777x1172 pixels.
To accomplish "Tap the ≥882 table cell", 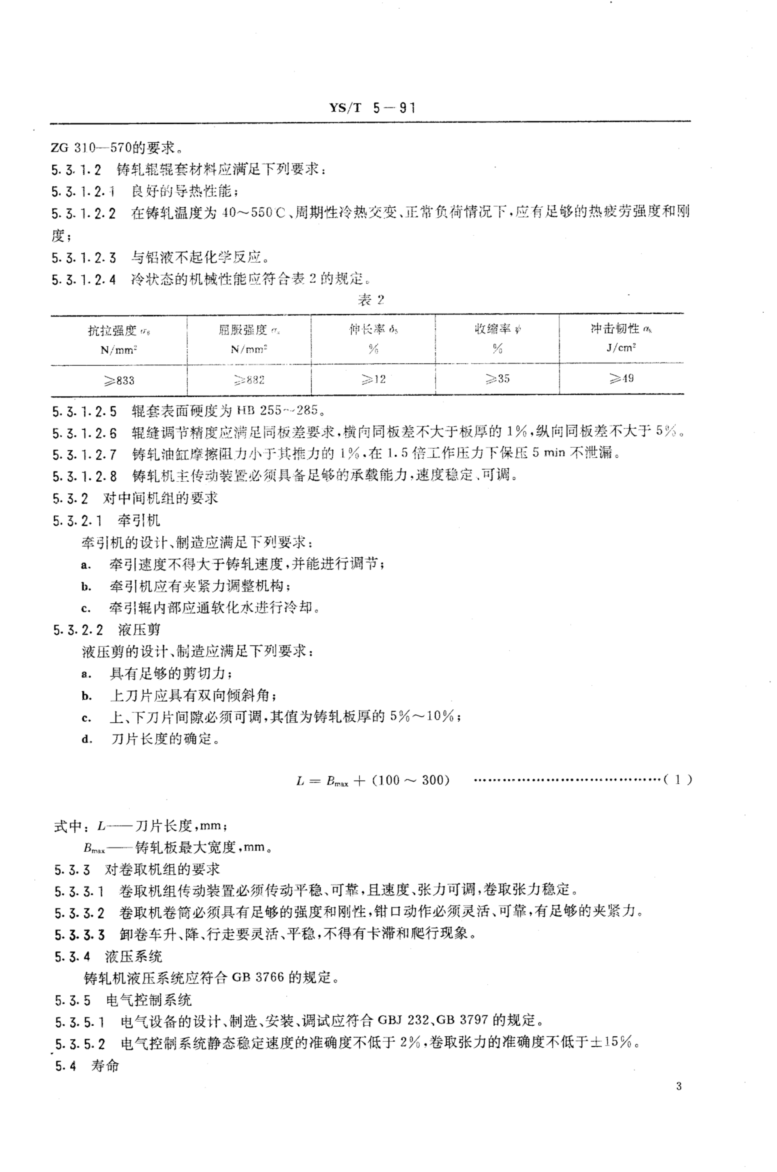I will coord(249,380).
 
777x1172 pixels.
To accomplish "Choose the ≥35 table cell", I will coord(497,379).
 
